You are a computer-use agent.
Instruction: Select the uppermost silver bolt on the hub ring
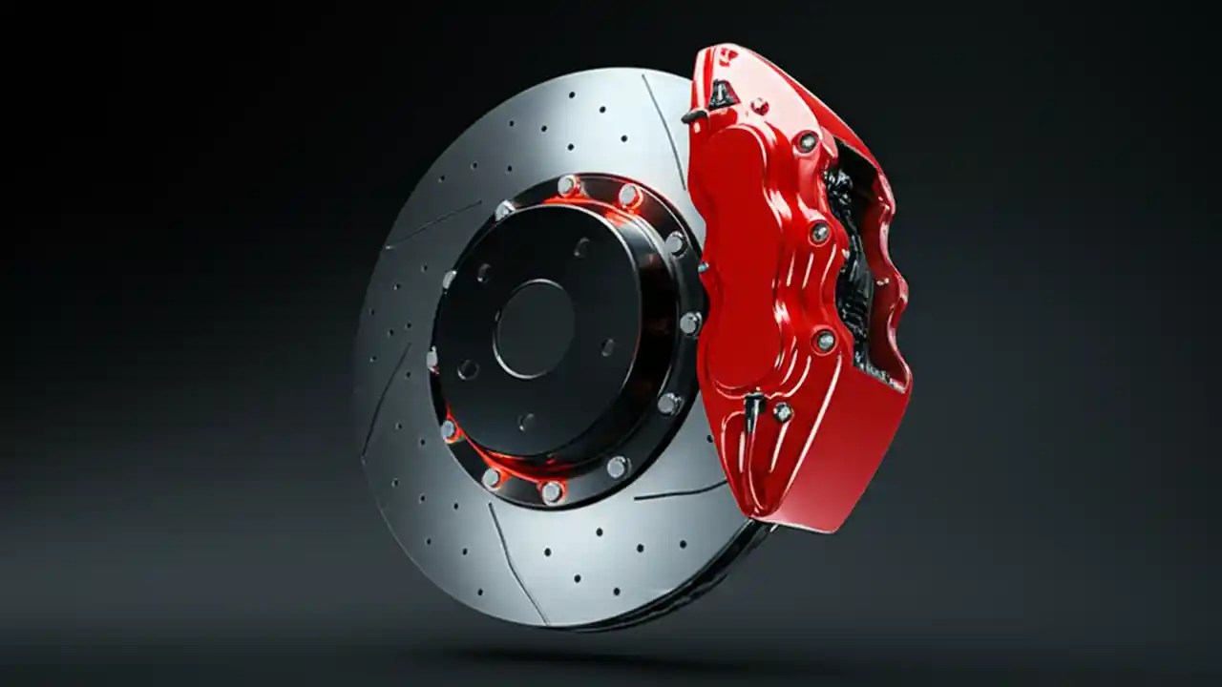coord(567,185)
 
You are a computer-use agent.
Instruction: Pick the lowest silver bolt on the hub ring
coord(551,491)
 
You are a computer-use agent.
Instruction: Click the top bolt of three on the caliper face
coord(809,142)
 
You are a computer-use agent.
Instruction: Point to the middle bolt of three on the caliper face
coord(819,232)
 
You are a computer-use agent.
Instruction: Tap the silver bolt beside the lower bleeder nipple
coord(782,412)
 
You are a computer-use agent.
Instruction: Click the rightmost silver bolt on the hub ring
coord(689,323)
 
